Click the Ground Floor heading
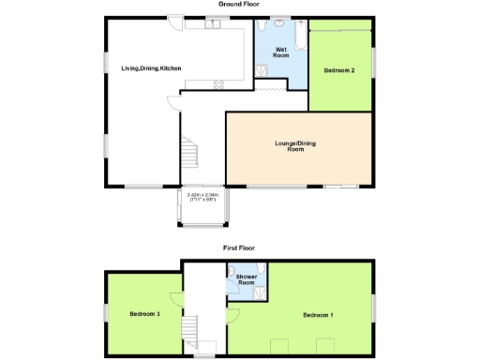coord(239,5)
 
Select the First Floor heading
coord(239,248)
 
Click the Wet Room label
coord(280,52)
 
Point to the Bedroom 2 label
coord(338,70)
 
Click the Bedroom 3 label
coord(144,313)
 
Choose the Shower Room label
coord(247,279)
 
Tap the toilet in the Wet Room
coord(280,23)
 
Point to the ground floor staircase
coord(190,150)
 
